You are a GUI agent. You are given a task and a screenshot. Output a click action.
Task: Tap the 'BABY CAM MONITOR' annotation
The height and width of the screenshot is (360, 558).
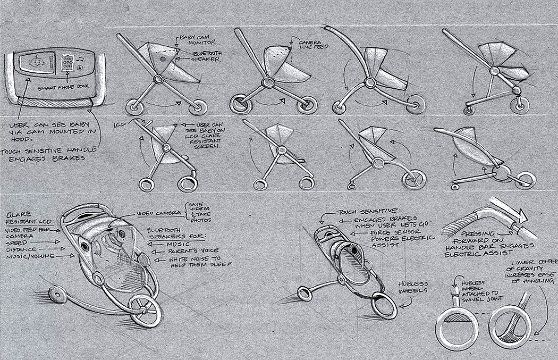[196, 39]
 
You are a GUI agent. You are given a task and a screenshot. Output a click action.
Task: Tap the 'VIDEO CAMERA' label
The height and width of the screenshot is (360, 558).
[157, 213]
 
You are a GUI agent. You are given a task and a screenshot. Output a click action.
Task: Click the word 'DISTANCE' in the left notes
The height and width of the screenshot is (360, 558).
[21, 248]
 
